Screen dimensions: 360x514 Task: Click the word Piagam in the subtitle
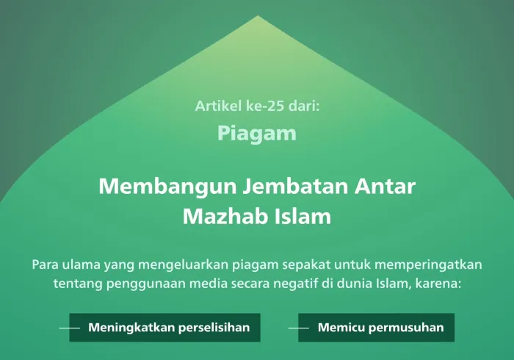(x=257, y=134)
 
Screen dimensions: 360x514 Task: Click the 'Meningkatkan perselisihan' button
(x=169, y=328)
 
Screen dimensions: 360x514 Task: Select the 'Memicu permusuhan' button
(x=380, y=328)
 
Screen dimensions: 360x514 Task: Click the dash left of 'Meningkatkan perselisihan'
(x=69, y=328)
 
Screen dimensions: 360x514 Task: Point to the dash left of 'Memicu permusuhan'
(x=298, y=328)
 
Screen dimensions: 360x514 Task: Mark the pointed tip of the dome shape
(x=256, y=15)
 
